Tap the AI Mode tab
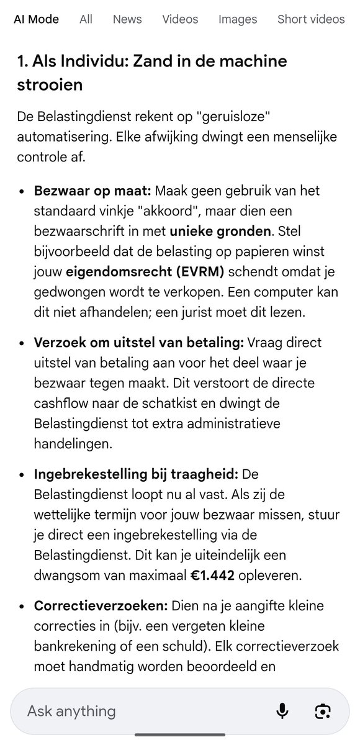[x=36, y=19]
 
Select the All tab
[x=86, y=19]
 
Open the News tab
[x=127, y=19]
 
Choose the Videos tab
[x=180, y=19]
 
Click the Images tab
[x=237, y=19]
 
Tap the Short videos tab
[x=310, y=19]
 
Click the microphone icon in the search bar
[x=282, y=710]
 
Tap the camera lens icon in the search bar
[x=323, y=710]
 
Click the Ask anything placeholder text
[x=71, y=710]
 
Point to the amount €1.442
[x=213, y=575]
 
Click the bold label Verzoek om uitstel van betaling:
[x=140, y=342]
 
